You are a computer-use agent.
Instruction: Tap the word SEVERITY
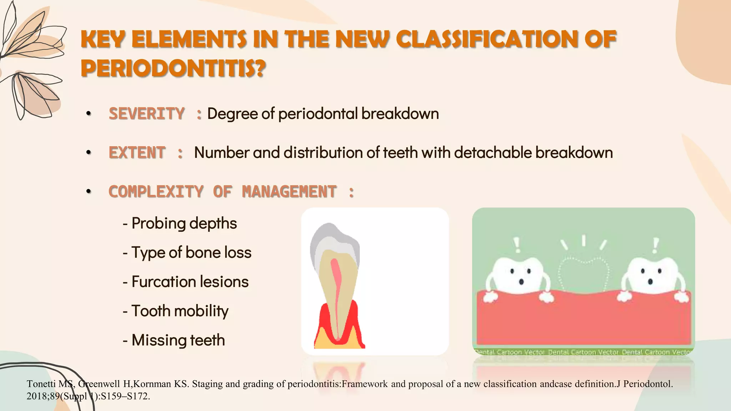[147, 114]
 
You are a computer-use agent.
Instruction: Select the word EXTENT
[137, 153]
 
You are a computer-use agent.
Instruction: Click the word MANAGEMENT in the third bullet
[289, 192]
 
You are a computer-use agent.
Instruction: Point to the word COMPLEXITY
[156, 192]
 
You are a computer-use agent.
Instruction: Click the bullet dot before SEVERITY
[89, 114]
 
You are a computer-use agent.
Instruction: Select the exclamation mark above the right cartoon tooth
[655, 245]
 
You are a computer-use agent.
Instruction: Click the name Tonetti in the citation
[41, 384]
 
